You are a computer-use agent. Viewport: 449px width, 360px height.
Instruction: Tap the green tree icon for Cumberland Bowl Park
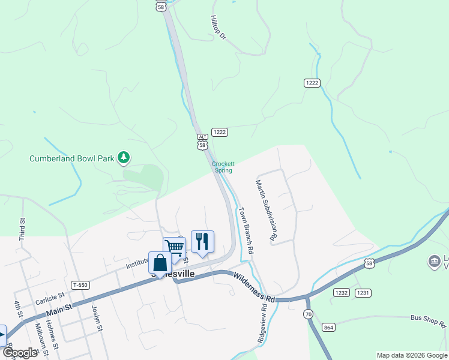[124, 158]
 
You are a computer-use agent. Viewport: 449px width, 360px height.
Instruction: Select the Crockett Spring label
[223, 167]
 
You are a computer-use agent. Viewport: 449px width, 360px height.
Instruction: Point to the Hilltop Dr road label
[218, 28]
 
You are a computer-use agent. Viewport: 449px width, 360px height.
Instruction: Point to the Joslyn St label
[97, 318]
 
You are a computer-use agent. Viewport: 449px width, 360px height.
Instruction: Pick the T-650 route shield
[79, 284]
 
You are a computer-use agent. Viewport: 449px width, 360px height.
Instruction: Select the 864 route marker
[328, 327]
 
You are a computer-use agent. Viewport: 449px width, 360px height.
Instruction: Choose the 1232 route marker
[341, 292]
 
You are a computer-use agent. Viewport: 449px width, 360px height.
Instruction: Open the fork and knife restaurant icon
[202, 241]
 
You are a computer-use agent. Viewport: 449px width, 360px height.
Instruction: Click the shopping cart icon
[174, 247]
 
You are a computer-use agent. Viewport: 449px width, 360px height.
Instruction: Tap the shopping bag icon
[160, 262]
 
